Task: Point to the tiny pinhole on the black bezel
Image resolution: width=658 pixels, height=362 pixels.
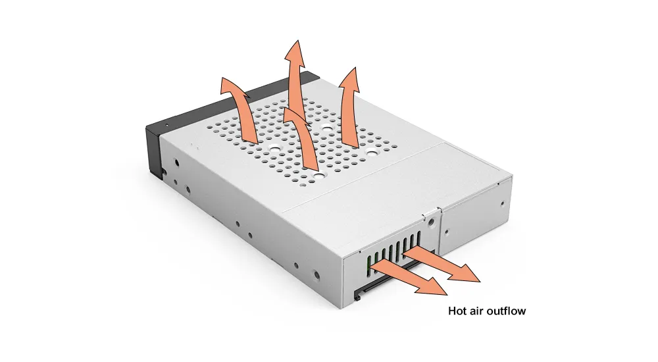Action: [x=166, y=125]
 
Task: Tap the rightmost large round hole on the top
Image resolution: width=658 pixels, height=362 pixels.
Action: [x=371, y=150]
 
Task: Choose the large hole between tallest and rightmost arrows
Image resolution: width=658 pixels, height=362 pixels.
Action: [x=326, y=126]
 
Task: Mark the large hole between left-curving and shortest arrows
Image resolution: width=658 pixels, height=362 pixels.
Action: [x=274, y=148]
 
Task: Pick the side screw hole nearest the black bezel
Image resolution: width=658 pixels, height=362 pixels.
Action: [x=176, y=162]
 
